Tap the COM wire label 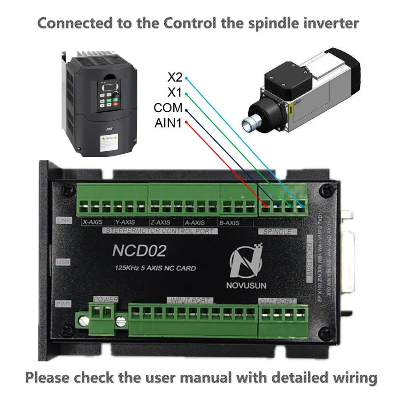click(168, 108)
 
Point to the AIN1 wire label click(168, 124)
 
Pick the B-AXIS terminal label click(229, 223)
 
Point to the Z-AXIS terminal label click(160, 223)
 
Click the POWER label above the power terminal click(106, 299)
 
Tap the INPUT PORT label click(191, 300)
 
